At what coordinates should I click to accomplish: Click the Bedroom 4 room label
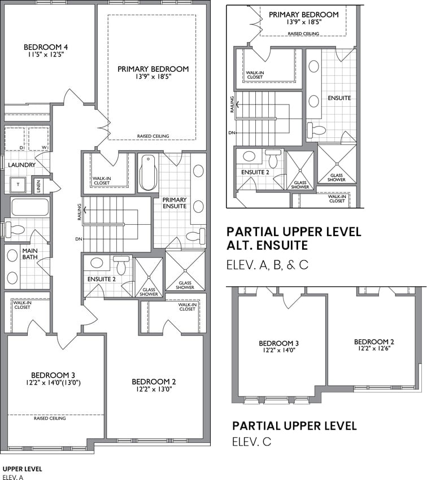[x=46, y=47]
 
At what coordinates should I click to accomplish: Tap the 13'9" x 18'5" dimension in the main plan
[x=153, y=77]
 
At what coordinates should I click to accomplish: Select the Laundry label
[x=21, y=165]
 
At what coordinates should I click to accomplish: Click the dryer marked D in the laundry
[x=14, y=139]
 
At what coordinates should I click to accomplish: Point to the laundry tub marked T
[x=18, y=185]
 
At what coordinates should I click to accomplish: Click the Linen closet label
[x=38, y=186]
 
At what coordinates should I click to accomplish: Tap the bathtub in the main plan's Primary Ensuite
[x=149, y=173]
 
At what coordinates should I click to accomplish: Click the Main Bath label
[x=30, y=254]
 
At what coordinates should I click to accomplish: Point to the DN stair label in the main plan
[x=79, y=239]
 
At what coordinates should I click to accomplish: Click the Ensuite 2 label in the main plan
[x=102, y=279]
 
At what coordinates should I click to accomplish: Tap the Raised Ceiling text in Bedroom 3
[x=50, y=418]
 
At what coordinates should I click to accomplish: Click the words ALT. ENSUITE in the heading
[x=267, y=246]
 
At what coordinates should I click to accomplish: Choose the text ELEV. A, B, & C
[x=267, y=265]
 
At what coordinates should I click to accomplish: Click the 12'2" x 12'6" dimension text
[x=374, y=348]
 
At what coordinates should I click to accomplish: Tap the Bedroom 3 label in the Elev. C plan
[x=279, y=343]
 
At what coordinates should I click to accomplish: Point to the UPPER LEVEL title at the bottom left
[x=23, y=469]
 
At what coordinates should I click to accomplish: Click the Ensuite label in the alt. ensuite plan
[x=339, y=98]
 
